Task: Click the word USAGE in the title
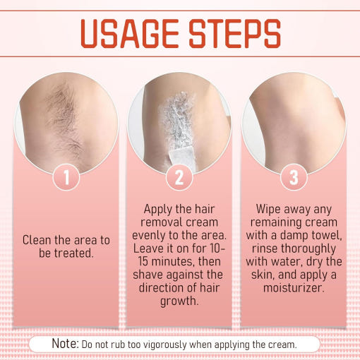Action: point(130,34)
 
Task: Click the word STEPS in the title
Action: point(235,34)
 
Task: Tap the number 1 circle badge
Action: point(66,177)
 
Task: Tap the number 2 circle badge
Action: point(179,177)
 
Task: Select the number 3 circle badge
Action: point(294,177)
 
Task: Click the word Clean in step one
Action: point(37,240)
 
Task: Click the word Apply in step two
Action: point(158,210)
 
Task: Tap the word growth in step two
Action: point(179,301)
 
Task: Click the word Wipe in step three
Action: point(268,210)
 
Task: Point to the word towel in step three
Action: point(327,236)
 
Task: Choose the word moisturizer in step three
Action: point(294,288)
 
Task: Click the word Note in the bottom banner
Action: point(66,343)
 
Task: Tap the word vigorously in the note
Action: point(165,345)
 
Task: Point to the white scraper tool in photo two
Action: point(183,157)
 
